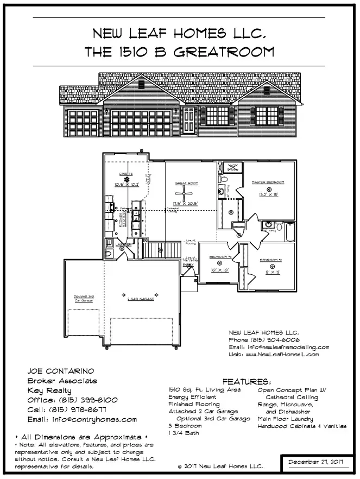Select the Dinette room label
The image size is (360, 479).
(x=127, y=174)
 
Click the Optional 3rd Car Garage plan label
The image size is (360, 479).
(x=84, y=298)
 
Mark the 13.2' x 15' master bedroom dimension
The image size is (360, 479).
(x=268, y=193)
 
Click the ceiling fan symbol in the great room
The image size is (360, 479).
(x=184, y=195)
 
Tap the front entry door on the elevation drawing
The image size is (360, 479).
(x=188, y=119)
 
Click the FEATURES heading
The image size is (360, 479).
(x=247, y=382)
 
